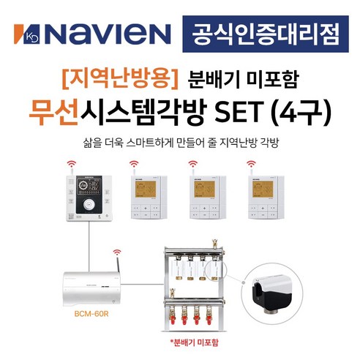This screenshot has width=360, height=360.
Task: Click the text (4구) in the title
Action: pyautogui.click(x=302, y=111)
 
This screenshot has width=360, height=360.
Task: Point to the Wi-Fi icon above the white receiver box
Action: pyautogui.click(x=116, y=256)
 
